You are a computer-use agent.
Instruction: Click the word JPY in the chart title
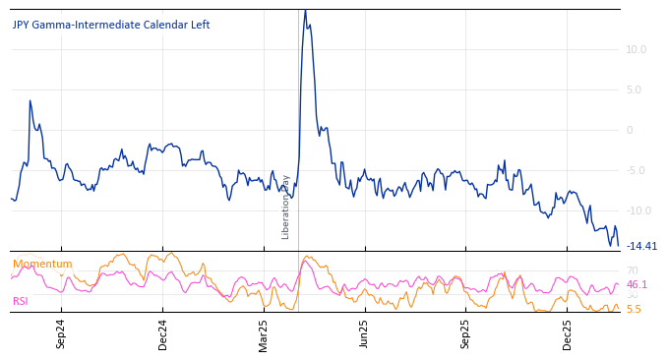[23, 26]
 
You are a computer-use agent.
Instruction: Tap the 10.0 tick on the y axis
[636, 49]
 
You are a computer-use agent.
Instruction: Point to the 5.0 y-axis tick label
[636, 90]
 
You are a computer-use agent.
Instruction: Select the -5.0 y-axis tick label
[636, 170]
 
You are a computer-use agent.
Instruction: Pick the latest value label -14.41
[641, 246]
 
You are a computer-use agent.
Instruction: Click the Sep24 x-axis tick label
[61, 334]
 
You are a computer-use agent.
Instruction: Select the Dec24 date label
[163, 334]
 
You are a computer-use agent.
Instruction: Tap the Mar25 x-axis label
[264, 334]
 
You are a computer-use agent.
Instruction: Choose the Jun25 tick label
[364, 334]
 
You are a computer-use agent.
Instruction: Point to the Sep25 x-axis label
[465, 334]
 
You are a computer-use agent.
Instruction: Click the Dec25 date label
[567, 334]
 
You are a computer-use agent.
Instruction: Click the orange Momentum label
[42, 265]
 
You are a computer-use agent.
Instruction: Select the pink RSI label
[21, 302]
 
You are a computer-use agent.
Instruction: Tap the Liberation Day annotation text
[286, 207]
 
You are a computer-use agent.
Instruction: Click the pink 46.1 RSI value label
[637, 285]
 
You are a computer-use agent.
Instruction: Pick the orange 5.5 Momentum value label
[634, 309]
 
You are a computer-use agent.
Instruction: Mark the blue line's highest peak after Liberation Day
[305, 11]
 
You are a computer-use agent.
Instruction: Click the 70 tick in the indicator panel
[632, 270]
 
